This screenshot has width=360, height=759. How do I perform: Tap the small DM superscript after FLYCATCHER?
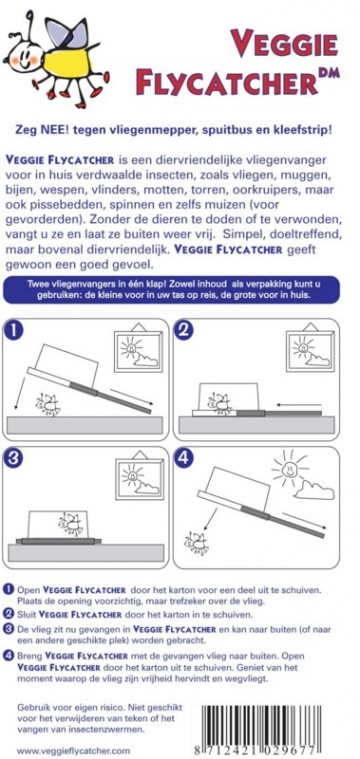click(329, 72)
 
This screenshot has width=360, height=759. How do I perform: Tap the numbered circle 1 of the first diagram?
click(15, 331)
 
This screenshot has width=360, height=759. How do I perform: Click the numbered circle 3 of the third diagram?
click(15, 458)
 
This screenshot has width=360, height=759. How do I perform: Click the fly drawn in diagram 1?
click(48, 404)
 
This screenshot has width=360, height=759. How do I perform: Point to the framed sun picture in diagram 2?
click(309, 350)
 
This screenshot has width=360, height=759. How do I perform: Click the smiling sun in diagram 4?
click(288, 468)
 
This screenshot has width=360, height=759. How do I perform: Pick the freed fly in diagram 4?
click(196, 543)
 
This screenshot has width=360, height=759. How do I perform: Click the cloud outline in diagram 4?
click(315, 491)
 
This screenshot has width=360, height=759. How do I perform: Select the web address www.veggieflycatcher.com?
click(74, 751)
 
